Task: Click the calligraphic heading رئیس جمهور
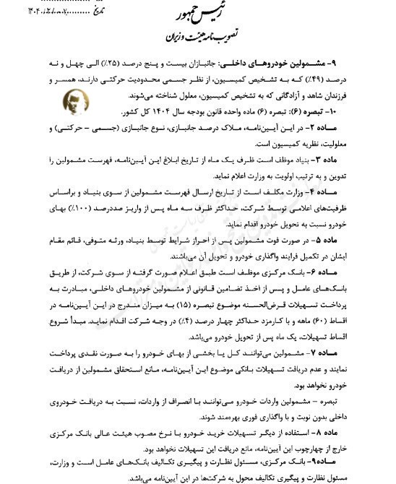199,15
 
